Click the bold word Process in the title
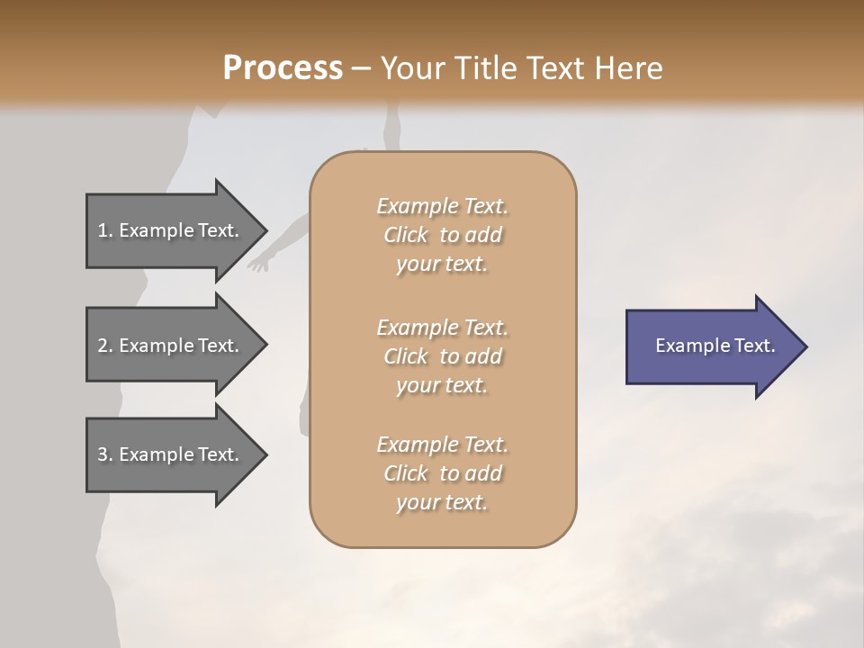click(x=283, y=68)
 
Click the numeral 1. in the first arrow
click(x=105, y=230)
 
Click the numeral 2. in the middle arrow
click(x=105, y=346)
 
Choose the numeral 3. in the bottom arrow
click(x=105, y=454)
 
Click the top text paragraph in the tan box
click(x=442, y=235)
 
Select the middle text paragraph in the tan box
click(x=442, y=355)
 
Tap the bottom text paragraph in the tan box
click(x=442, y=473)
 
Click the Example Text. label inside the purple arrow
click(x=715, y=346)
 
